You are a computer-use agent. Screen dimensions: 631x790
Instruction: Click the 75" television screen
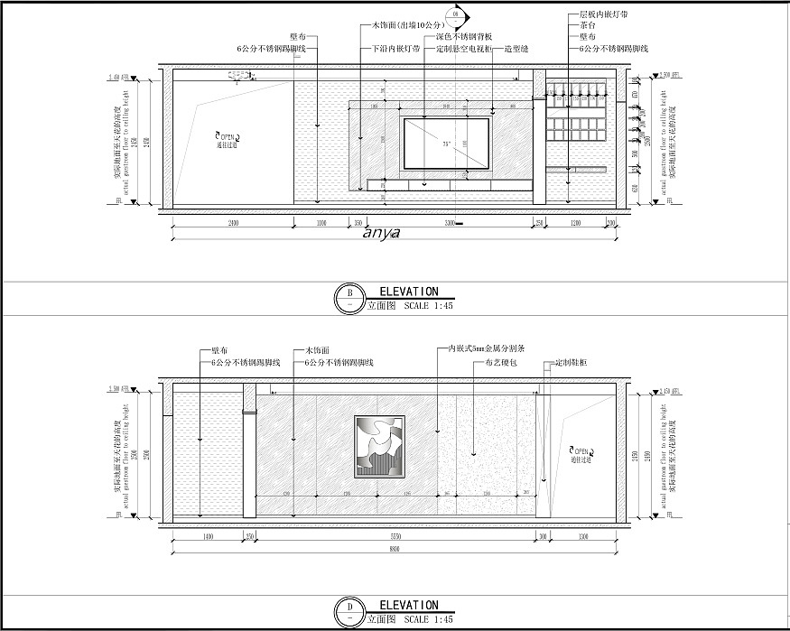point(445,143)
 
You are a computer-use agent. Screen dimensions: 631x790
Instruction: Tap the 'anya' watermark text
point(380,233)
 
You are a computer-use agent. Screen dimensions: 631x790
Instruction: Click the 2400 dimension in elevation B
point(233,222)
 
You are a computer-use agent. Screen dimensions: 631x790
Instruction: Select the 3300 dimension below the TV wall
point(449,222)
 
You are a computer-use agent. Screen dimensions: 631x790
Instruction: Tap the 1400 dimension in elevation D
point(208,536)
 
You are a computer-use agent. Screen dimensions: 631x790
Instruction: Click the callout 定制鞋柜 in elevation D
point(571,362)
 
